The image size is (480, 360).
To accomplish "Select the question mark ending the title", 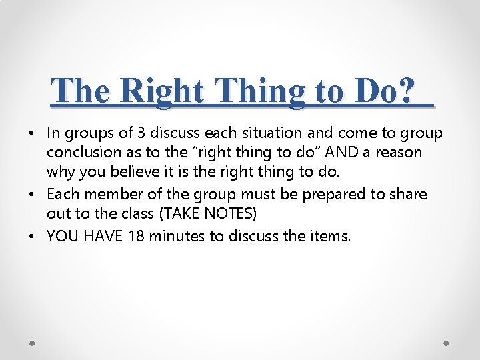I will (x=407, y=90).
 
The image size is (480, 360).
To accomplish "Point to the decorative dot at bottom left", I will (x=33, y=343).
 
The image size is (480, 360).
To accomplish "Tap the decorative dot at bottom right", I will (x=447, y=343).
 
